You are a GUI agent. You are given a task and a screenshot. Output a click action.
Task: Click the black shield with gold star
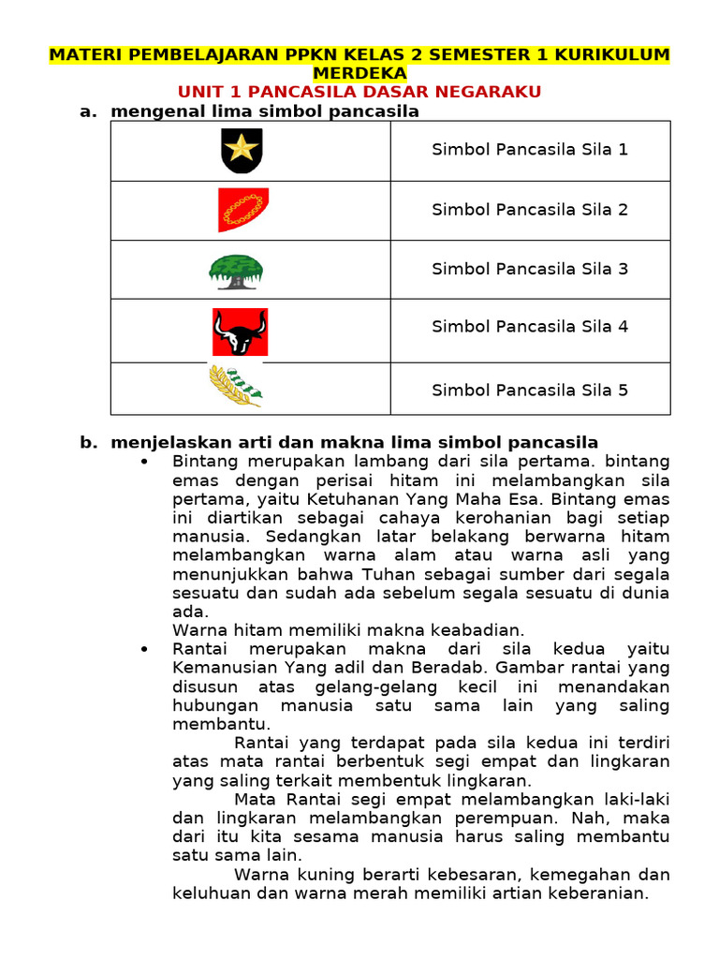tap(241, 151)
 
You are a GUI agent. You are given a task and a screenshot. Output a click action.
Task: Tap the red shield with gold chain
tap(242, 209)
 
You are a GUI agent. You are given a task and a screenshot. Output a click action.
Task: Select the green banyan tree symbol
tap(235, 271)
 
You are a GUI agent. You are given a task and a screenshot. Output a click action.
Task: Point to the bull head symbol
tap(240, 332)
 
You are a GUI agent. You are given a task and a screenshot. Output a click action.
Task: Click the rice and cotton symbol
tap(235, 387)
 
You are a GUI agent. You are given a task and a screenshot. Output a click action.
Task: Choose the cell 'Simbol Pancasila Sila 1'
tap(530, 149)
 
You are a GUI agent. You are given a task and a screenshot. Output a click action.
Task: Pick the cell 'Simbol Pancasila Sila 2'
tap(530, 210)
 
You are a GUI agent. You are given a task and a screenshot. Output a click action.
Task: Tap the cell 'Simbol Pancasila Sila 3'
tap(530, 269)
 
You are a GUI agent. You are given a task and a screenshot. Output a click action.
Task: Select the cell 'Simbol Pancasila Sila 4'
tap(530, 327)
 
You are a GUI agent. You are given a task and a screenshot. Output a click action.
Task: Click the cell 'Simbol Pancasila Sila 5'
tap(530, 390)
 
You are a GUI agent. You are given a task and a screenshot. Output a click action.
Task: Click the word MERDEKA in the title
tap(359, 73)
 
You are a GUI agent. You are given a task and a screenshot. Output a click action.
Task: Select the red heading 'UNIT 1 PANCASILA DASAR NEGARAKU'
tap(359, 92)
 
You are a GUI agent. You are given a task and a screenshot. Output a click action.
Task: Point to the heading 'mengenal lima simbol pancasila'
tap(265, 111)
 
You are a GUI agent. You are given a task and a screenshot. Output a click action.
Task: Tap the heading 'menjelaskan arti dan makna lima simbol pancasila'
tap(354, 442)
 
